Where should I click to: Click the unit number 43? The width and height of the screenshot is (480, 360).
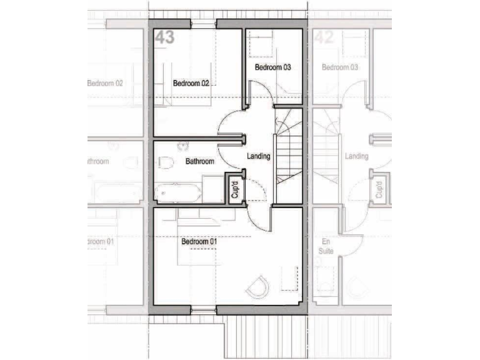(x=164, y=37)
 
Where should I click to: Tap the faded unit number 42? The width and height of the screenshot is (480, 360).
(x=323, y=37)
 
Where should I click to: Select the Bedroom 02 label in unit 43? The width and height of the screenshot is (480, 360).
(x=191, y=83)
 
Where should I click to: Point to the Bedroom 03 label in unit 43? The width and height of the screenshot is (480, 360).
(x=272, y=67)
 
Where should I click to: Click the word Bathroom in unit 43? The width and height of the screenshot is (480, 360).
(x=199, y=161)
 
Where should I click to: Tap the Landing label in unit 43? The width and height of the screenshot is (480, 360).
(x=259, y=156)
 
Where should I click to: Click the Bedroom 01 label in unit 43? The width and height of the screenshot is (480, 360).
(x=199, y=241)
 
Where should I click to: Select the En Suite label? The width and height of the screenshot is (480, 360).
(x=327, y=246)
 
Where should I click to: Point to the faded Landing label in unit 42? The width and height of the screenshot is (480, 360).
(x=357, y=156)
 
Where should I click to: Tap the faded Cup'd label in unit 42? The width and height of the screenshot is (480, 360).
(x=379, y=189)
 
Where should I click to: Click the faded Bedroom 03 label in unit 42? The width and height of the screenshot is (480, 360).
(x=341, y=67)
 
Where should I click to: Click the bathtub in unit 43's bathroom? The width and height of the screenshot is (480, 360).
(x=177, y=192)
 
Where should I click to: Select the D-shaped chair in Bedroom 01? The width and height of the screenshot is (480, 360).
(x=257, y=287)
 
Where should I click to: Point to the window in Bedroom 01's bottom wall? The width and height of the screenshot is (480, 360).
(x=203, y=309)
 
